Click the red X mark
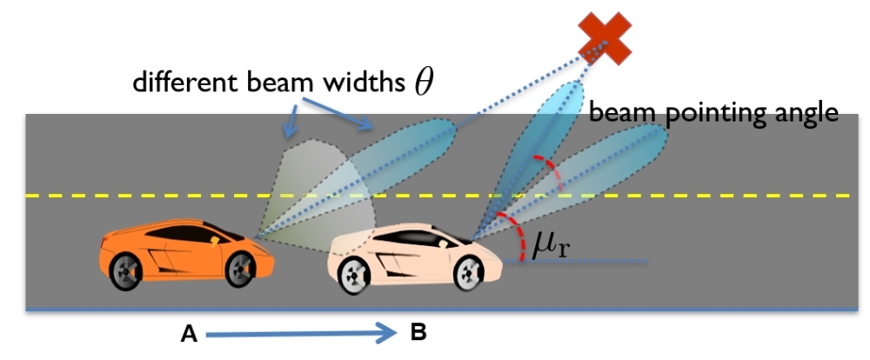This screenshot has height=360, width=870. tap(606, 37)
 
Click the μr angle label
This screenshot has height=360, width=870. tap(550, 247)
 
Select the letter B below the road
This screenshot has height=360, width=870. tap(418, 331)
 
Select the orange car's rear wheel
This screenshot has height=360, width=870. tap(127, 271)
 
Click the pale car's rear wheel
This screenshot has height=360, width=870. tap(354, 276)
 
